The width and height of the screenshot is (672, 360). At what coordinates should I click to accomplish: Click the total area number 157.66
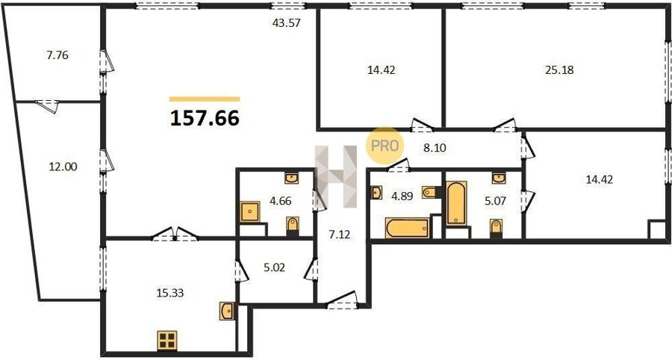(x=205, y=118)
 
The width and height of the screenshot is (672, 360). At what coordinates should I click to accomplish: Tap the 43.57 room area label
(x=286, y=22)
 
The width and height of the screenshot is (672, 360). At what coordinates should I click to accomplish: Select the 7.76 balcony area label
(x=57, y=55)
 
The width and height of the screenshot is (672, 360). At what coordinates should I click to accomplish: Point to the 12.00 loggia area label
(x=63, y=167)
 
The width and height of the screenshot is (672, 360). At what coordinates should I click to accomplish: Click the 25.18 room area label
(x=559, y=70)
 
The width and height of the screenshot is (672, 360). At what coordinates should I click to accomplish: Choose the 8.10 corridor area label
(x=435, y=149)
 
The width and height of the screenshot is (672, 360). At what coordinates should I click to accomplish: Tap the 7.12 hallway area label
(x=339, y=235)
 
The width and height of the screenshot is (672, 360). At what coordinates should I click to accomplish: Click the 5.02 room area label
(x=274, y=268)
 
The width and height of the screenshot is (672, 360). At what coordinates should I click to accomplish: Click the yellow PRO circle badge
(x=385, y=146)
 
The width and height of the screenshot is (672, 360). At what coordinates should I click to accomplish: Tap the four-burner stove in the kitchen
(x=167, y=341)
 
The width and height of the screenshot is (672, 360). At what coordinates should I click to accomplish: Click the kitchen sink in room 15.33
(x=227, y=311)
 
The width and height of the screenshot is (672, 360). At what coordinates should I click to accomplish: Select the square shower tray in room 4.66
(x=250, y=211)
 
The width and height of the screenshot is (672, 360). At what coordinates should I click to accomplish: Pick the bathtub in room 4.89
(x=407, y=228)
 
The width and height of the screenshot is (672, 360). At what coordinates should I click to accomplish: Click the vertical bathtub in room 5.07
(x=456, y=203)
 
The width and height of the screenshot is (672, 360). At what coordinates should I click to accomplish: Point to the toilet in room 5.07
(x=496, y=227)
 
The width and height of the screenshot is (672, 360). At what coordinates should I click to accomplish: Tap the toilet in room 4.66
(x=292, y=226)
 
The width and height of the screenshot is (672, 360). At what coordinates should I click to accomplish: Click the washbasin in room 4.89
(x=376, y=193)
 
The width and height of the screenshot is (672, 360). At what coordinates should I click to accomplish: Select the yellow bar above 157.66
(x=205, y=99)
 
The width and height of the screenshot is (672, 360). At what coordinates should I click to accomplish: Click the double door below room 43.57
(x=175, y=235)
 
